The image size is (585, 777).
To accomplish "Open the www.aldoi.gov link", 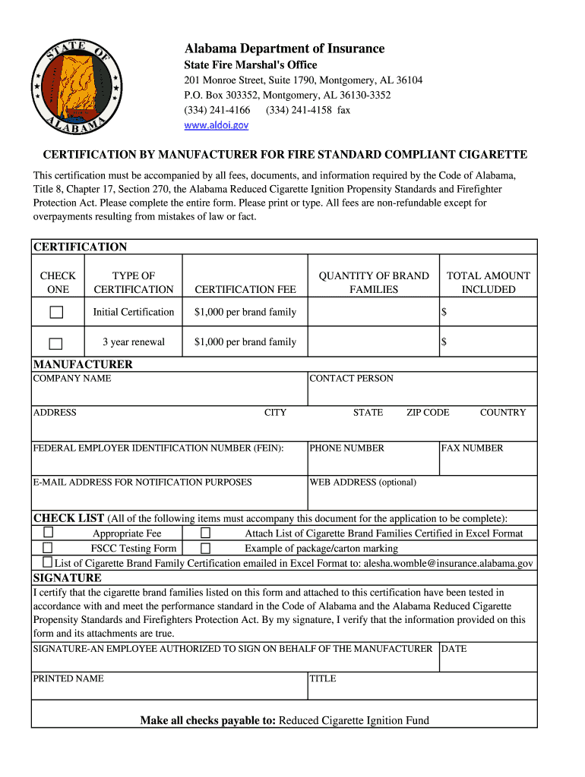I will click(x=217, y=125).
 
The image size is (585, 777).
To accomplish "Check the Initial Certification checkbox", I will click(x=57, y=312).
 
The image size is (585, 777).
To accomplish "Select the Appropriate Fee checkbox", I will click(x=48, y=533).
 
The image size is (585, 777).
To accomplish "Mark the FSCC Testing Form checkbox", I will click(x=48, y=548).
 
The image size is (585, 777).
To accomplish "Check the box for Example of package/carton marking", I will click(x=205, y=548).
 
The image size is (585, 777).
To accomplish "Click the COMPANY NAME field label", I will click(x=72, y=379).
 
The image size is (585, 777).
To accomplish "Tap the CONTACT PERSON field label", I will click(x=351, y=379).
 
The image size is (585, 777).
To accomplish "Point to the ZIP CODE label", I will click(x=428, y=413).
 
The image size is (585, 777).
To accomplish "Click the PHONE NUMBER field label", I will click(x=346, y=448).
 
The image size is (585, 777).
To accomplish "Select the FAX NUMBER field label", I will click(x=472, y=448).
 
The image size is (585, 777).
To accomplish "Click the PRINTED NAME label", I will click(x=68, y=678).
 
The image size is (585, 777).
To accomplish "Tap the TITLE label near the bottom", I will click(x=322, y=678).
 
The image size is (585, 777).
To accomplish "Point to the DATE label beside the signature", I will click(x=454, y=649).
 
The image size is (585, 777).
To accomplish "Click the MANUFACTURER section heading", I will click(x=83, y=364).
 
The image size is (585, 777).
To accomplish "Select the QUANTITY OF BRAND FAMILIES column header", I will click(x=374, y=282).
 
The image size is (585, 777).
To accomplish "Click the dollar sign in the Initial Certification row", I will click(x=444, y=312).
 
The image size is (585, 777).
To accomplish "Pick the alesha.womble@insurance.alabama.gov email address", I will click(x=448, y=563).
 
